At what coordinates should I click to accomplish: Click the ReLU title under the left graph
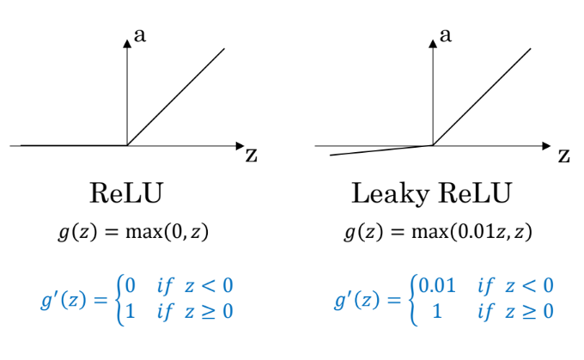pyautogui.click(x=126, y=193)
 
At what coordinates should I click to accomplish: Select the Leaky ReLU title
pyautogui.click(x=431, y=193)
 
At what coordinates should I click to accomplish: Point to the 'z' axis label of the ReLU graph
pyautogui.click(x=251, y=155)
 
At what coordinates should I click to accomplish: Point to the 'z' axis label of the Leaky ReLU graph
pyautogui.click(x=563, y=155)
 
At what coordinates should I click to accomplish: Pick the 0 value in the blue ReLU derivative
pyautogui.click(x=131, y=284)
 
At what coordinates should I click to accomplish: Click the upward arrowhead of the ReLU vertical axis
pyautogui.click(x=127, y=44)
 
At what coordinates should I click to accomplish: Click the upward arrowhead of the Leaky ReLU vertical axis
pyautogui.click(x=433, y=44)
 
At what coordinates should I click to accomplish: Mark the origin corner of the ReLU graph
pyautogui.click(x=127, y=146)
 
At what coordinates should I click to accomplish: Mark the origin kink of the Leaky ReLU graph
pyautogui.click(x=433, y=146)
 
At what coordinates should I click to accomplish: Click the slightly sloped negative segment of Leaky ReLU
pyautogui.click(x=378, y=151)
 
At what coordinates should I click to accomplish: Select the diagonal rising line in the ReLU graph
pyautogui.click(x=176, y=97)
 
